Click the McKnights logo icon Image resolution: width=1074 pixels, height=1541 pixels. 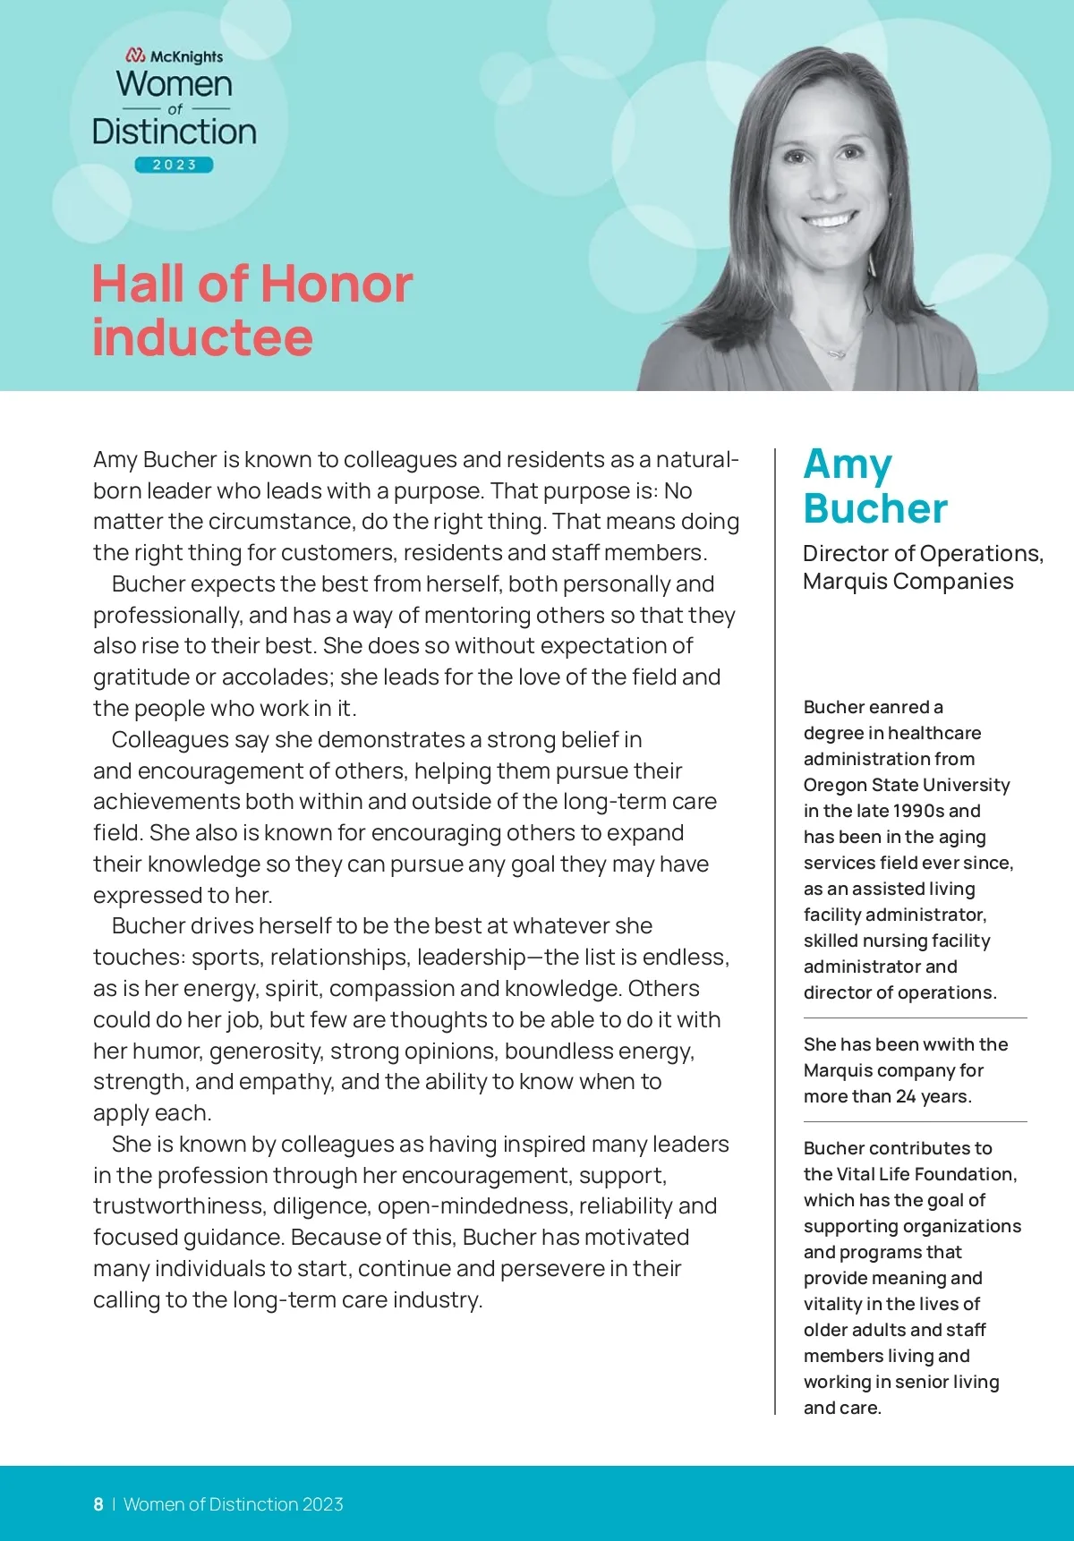(x=136, y=55)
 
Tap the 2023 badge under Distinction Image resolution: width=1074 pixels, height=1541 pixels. (x=175, y=165)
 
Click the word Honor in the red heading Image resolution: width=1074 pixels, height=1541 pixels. (x=337, y=285)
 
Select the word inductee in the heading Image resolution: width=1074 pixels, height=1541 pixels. (x=202, y=337)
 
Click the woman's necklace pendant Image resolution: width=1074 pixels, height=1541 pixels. (x=837, y=354)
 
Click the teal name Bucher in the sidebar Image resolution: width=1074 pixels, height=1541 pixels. (x=874, y=508)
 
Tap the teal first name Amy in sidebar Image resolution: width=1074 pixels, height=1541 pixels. (x=847, y=464)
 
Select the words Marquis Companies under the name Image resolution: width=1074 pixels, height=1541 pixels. (x=908, y=582)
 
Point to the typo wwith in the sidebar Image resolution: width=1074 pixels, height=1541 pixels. (x=924, y=1044)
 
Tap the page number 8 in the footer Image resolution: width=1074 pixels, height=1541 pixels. (x=98, y=1504)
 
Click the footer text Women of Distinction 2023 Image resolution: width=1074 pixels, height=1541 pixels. (x=233, y=1504)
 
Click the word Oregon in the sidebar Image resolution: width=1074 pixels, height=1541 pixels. (x=831, y=785)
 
